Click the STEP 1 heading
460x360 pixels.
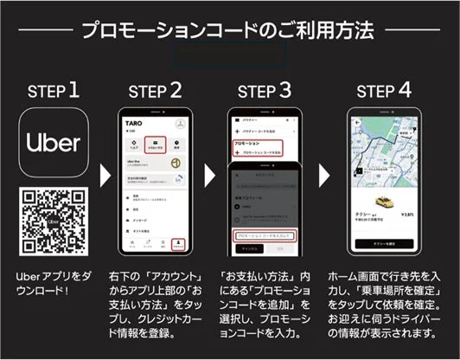pyautogui.click(x=55, y=90)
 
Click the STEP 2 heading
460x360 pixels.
pyautogui.click(x=156, y=90)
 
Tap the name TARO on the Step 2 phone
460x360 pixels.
pyautogui.click(x=132, y=124)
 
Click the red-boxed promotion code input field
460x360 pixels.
pyautogui.click(x=265, y=235)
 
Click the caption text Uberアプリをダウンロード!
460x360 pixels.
pyautogui.click(x=54, y=282)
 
